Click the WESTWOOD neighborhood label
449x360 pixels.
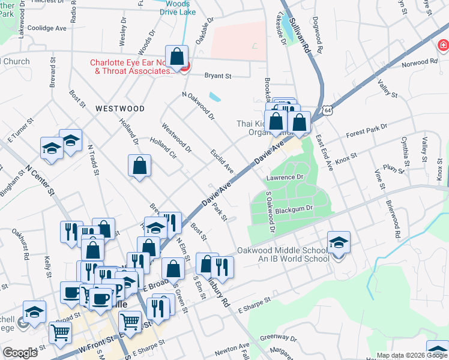pos(119,109)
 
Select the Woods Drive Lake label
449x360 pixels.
pos(177,8)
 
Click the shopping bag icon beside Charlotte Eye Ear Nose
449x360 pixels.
pos(177,58)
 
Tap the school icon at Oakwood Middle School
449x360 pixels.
pos(339,243)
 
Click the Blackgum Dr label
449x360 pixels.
pos(294,208)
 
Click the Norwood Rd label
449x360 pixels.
pos(421,62)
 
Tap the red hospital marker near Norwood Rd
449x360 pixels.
pos(443,45)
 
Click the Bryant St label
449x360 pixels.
pos(218,76)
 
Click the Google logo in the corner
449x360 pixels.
pos(20,353)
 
